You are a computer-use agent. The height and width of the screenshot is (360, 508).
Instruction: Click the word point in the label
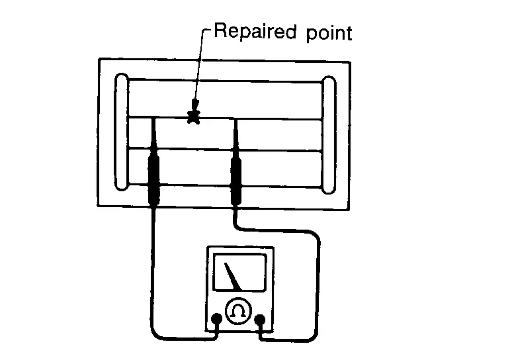328,34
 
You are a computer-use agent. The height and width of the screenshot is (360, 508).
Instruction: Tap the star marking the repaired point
193,118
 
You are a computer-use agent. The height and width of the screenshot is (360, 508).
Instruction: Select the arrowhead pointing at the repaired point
194,106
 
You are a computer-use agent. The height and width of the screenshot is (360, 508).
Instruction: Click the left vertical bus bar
122,132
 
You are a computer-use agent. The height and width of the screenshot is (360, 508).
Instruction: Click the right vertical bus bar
329,132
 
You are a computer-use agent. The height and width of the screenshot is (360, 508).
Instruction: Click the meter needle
232,276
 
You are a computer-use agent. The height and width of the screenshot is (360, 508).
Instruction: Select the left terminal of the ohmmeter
216,320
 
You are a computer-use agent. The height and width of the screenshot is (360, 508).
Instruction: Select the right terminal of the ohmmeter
260,320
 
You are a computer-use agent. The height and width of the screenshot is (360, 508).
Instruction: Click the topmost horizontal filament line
225,81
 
